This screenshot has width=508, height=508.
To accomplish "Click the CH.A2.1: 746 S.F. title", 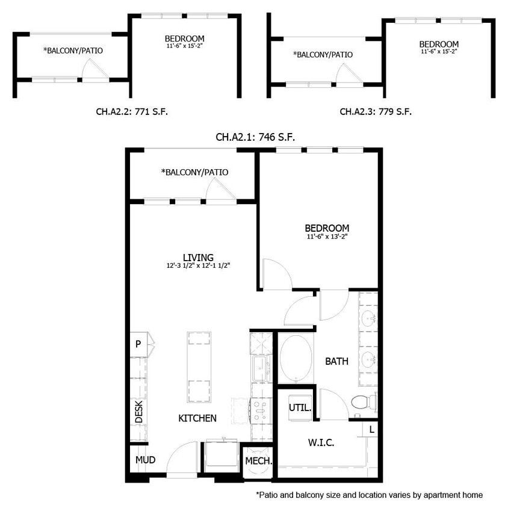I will pyautogui.click(x=255, y=137).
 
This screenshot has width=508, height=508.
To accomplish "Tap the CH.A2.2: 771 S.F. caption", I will pyautogui.click(x=132, y=111).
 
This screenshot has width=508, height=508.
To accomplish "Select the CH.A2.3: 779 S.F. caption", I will pyautogui.click(x=376, y=111).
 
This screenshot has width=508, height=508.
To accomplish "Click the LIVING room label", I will pyautogui.click(x=199, y=258).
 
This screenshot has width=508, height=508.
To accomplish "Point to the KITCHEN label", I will pyautogui.click(x=197, y=418).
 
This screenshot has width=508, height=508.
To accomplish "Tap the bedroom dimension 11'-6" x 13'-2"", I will pyautogui.click(x=327, y=237).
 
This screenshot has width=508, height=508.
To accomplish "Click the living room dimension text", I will pyautogui.click(x=199, y=265).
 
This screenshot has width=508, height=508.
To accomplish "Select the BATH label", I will pyautogui.click(x=336, y=361).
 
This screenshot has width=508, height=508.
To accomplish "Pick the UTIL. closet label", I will pyautogui.click(x=300, y=407).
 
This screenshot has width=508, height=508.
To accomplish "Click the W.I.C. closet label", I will pyautogui.click(x=321, y=442).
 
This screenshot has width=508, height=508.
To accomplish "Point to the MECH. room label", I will pyautogui.click(x=259, y=462).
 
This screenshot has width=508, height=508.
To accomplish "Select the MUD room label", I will pyautogui.click(x=145, y=460).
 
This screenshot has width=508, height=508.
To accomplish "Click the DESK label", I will pyautogui.click(x=138, y=412).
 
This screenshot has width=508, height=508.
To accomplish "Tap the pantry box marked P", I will pyautogui.click(x=138, y=344).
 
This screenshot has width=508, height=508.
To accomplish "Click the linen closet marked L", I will pyautogui.click(x=371, y=429).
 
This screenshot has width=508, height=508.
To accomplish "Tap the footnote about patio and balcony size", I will pyautogui.click(x=369, y=495).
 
